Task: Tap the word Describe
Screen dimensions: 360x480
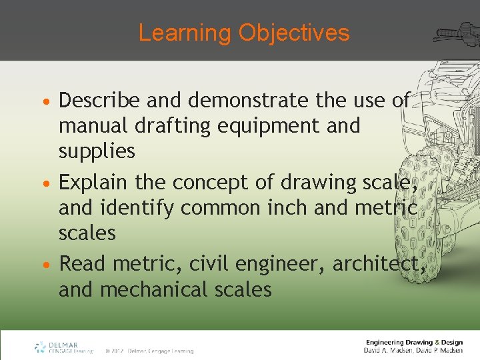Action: [99, 100]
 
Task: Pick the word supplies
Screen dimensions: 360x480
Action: [97, 151]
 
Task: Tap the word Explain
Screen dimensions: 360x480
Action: [94, 182]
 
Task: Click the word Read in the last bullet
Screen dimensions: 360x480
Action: [83, 264]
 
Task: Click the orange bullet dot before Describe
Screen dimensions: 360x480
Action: [49, 101]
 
